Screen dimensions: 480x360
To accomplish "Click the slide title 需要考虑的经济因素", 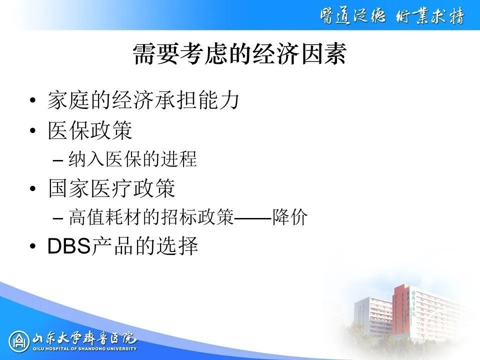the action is [239, 54].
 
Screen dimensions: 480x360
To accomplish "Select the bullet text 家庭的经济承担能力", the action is [143, 100].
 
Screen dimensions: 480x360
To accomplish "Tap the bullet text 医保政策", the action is [90, 130].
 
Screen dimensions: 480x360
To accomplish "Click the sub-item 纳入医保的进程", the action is [132, 159].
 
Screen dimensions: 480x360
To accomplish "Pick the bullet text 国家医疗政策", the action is [111, 188].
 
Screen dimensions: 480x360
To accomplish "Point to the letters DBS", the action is [69, 246].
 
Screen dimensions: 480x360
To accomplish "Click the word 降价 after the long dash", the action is [290, 217].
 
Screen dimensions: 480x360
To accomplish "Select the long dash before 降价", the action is [253, 218].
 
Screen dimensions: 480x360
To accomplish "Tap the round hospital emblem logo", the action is [18, 341].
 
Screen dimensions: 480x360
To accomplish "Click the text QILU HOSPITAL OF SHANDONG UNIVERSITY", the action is [84, 348].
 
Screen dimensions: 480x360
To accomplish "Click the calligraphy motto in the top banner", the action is [392, 15].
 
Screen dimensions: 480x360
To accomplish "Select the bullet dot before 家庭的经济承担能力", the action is [33, 100].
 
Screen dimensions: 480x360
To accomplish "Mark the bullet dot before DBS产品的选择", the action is [33, 246].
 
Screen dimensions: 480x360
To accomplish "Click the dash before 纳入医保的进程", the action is [58, 160].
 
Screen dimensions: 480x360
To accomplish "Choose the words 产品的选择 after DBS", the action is [145, 246].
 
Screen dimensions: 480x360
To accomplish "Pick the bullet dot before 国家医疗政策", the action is [33, 188].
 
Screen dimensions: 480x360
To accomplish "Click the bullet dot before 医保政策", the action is [33, 130].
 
